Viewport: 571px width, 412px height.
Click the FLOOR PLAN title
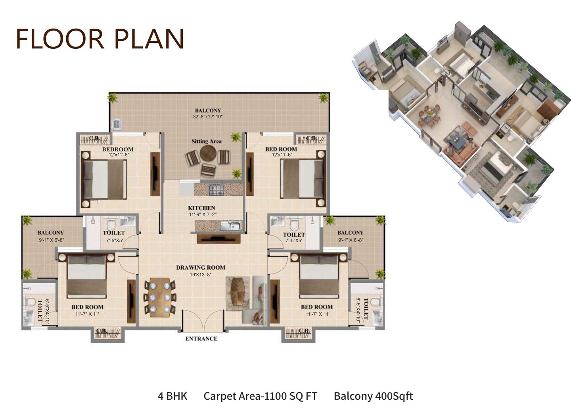tap(100, 39)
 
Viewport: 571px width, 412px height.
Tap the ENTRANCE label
tap(201, 339)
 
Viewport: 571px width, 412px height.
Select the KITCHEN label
tap(201, 208)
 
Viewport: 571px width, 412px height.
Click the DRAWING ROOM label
tap(201, 268)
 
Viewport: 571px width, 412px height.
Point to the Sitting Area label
tap(207, 142)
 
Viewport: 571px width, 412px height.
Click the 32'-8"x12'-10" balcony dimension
tap(208, 117)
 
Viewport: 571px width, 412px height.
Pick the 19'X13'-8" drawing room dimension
tap(201, 274)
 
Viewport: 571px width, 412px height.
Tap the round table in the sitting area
tap(208, 153)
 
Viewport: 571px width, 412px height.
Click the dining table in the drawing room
tap(160, 297)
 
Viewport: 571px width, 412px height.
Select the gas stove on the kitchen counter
tap(217, 190)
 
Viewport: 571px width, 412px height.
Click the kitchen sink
tap(232, 226)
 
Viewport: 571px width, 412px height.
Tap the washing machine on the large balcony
tap(117, 124)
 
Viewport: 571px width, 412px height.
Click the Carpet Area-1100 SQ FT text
tap(260, 396)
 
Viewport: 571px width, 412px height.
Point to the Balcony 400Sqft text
tap(373, 396)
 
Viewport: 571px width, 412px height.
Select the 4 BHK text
tap(172, 396)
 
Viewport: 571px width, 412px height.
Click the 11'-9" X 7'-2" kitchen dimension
tap(203, 215)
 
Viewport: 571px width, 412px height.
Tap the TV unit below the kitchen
tap(219, 239)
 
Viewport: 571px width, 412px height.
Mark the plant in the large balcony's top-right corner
tap(324, 98)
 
